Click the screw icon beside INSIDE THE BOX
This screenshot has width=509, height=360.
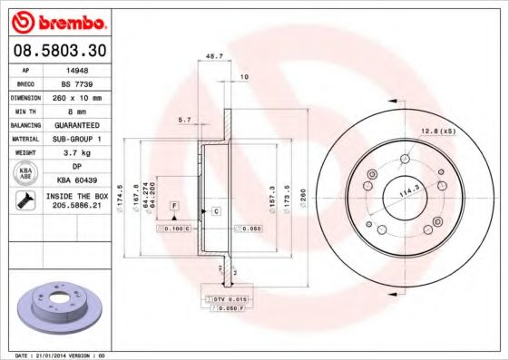[24, 201]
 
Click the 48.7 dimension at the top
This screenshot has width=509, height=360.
[215, 56]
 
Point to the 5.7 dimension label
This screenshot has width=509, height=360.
[184, 119]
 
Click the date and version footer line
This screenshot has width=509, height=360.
[60, 355]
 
